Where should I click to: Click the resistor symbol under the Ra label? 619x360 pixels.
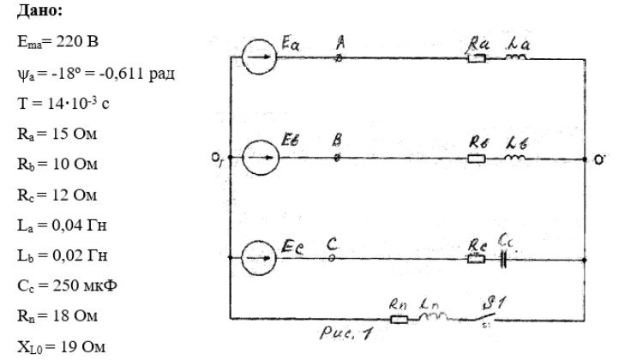[x=477, y=59]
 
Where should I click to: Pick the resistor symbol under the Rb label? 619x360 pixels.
[x=477, y=159]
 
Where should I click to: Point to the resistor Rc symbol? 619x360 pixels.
[x=476, y=259]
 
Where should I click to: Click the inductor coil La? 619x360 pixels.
[x=516, y=57]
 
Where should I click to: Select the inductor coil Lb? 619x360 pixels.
[x=515, y=157]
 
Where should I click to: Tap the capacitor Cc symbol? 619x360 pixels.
[x=503, y=260]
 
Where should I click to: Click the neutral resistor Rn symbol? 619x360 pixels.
[x=399, y=319]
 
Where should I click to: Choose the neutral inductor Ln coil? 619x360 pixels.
[x=433, y=316]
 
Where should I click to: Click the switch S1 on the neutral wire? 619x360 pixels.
[x=484, y=316]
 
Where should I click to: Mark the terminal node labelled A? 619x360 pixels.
[x=340, y=58]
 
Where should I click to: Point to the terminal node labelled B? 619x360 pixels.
[x=337, y=158]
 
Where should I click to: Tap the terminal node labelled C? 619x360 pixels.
[x=332, y=258]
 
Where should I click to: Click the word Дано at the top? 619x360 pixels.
[x=39, y=10]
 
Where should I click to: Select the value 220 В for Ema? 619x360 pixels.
[x=77, y=41]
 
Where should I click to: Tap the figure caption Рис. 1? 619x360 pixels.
[x=346, y=333]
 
